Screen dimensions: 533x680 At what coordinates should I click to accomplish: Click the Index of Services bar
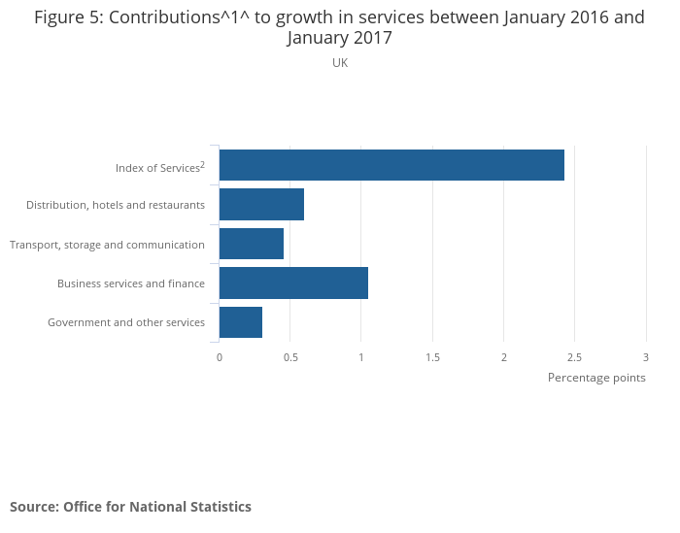click(391, 166)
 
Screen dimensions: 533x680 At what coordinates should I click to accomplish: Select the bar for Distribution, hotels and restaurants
click(261, 205)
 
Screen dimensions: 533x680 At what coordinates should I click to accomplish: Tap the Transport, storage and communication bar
click(252, 244)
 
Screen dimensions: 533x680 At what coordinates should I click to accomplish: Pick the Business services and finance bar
click(293, 283)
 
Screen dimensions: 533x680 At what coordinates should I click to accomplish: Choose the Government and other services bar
click(241, 321)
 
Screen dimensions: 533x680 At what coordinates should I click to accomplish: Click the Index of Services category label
click(159, 167)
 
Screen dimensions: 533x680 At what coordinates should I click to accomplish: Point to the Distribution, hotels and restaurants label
click(116, 205)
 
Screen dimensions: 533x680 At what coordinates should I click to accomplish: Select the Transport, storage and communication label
click(107, 245)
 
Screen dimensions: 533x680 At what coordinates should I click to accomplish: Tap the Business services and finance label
click(131, 283)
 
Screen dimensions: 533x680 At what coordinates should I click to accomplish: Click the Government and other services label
click(126, 322)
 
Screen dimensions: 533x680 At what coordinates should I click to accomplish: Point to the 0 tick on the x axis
click(220, 357)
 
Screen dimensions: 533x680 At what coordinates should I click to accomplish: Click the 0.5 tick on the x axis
click(290, 357)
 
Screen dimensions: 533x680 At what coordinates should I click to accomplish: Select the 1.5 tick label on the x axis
click(432, 357)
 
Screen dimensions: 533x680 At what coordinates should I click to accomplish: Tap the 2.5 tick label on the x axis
click(575, 357)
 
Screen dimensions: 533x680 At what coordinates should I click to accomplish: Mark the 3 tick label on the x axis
click(645, 357)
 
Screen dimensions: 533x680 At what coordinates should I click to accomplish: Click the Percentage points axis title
click(596, 378)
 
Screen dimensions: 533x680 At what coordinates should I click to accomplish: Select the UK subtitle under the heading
click(340, 63)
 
